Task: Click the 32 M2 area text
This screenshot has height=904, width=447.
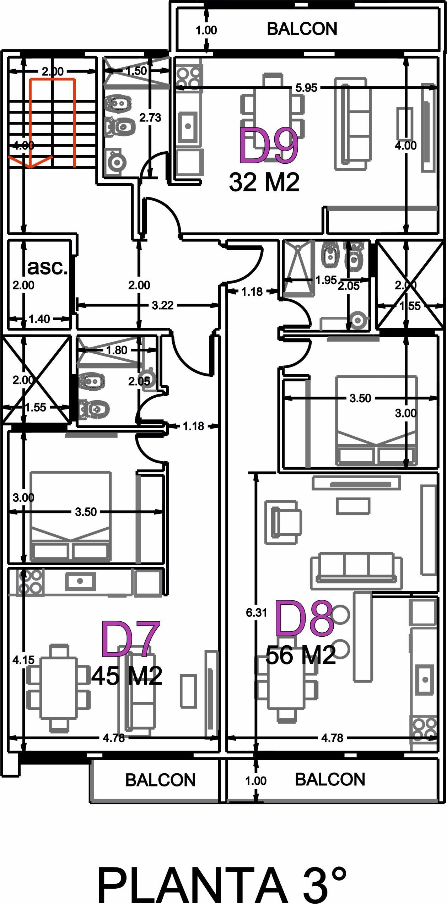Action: click(x=264, y=182)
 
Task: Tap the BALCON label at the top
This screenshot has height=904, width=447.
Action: click(x=302, y=29)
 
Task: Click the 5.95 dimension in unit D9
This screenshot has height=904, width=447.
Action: click(x=306, y=88)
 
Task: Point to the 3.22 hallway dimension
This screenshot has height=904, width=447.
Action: click(x=162, y=305)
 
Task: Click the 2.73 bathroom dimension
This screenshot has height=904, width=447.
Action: click(x=150, y=118)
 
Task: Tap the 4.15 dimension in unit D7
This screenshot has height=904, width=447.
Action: click(x=23, y=660)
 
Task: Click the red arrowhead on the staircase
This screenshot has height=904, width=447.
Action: click(x=31, y=161)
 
